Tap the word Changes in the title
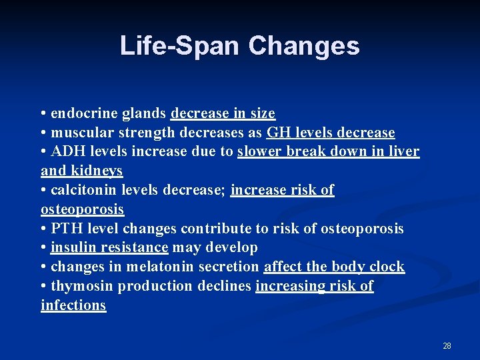pyautogui.click(x=304, y=45)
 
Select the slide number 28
pyautogui.click(x=447, y=346)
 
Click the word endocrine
pyautogui.click(x=84, y=113)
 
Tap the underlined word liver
pyautogui.click(x=404, y=151)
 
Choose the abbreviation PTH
pyautogui.click(x=65, y=229)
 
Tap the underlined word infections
pyautogui.click(x=73, y=305)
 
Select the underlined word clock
pyautogui.click(x=387, y=267)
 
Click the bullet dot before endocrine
pyautogui.click(x=43, y=114)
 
